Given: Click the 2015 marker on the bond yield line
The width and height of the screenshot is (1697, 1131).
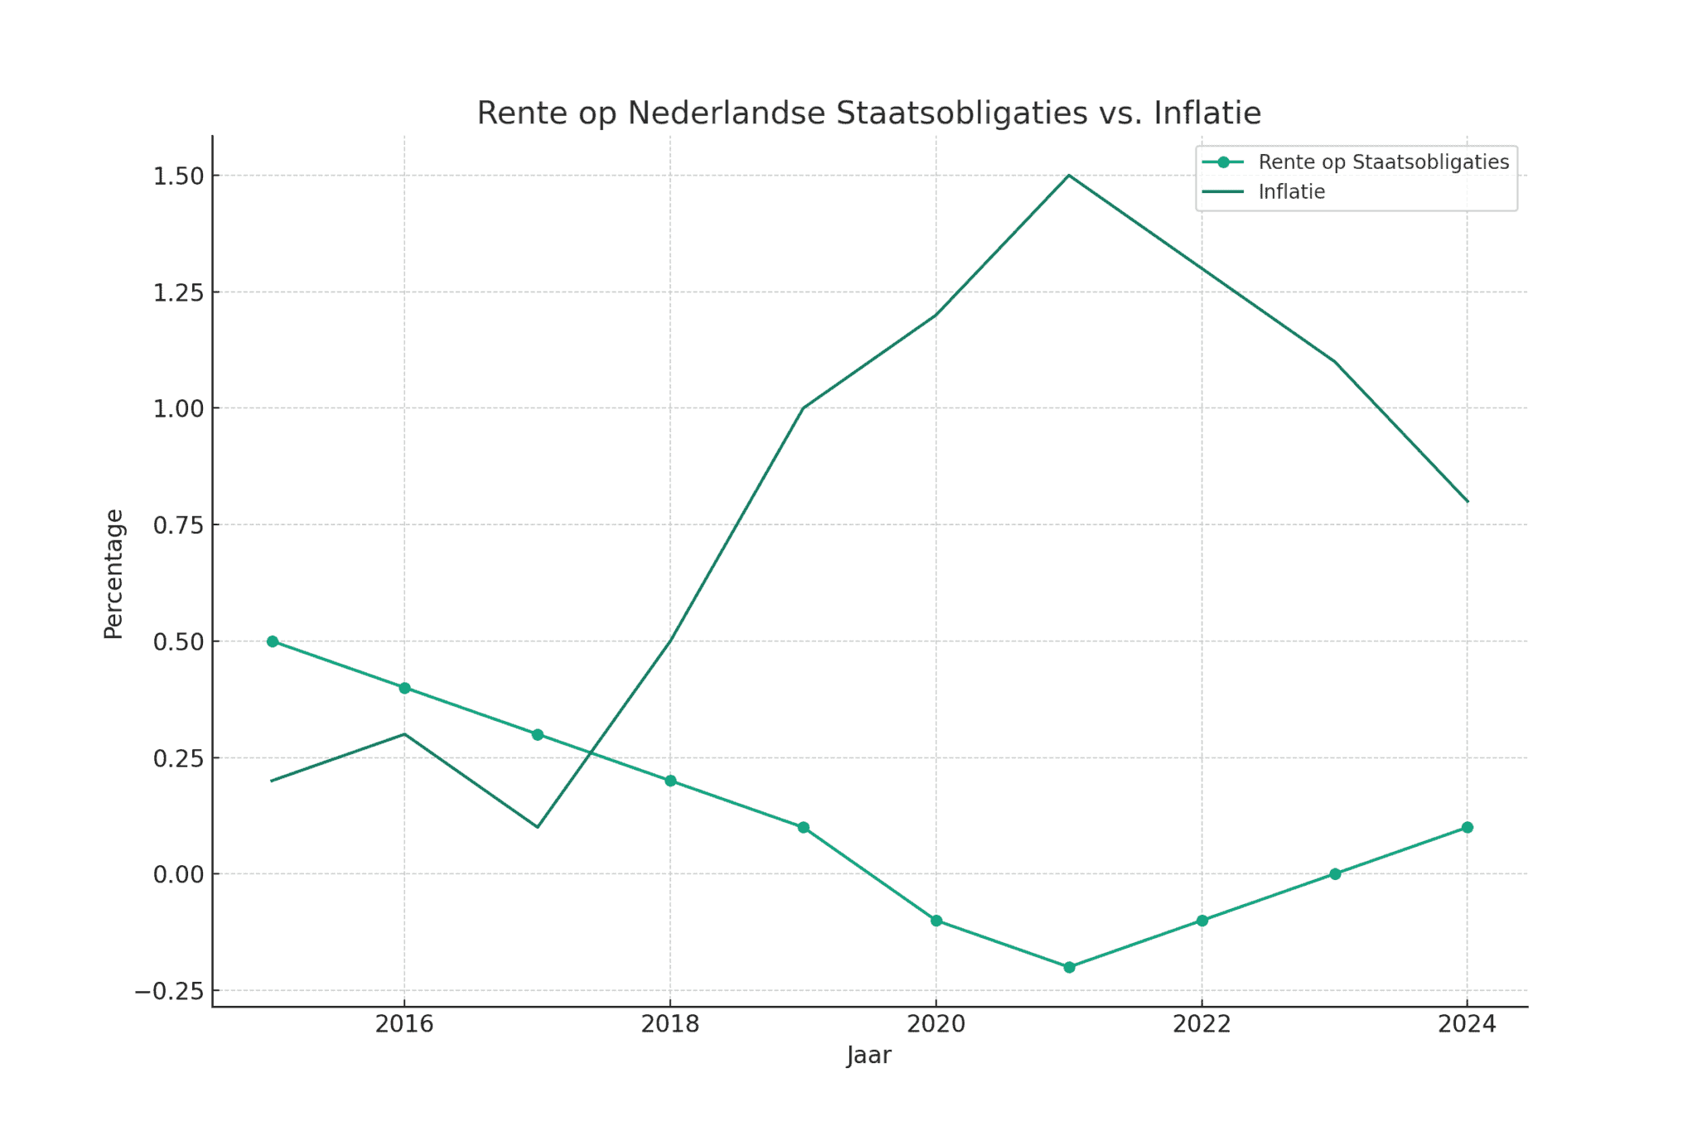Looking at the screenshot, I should pyautogui.click(x=272, y=641).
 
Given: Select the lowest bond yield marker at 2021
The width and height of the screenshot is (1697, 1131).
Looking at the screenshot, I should pyautogui.click(x=1069, y=967).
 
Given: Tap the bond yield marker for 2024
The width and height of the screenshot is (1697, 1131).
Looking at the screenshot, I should pyautogui.click(x=1467, y=827).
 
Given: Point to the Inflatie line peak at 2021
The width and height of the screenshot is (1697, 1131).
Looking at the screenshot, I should pyautogui.click(x=1069, y=176).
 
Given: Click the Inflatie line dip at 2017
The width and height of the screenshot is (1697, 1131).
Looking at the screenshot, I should pyautogui.click(x=538, y=827).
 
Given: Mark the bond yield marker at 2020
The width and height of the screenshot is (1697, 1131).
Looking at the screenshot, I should pyautogui.click(x=936, y=921).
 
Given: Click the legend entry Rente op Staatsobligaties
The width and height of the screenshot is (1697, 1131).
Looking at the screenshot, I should pyautogui.click(x=1383, y=162).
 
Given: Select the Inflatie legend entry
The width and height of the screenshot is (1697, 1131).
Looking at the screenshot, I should pyautogui.click(x=1291, y=192).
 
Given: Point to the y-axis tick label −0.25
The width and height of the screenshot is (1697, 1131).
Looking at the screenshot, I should pyautogui.click(x=169, y=992).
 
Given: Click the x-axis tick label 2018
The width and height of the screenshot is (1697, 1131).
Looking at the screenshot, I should pyautogui.click(x=670, y=1025).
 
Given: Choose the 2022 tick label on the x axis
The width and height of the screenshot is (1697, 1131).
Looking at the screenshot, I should pyautogui.click(x=1201, y=1025).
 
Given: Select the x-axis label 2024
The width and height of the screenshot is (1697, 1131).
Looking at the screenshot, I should pyautogui.click(x=1467, y=1025).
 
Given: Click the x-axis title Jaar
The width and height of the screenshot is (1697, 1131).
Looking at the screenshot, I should pyautogui.click(x=868, y=1056).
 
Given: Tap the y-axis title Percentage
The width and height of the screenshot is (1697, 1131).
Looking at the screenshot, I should pyautogui.click(x=114, y=573).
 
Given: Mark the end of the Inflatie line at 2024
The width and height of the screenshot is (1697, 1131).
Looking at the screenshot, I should pyautogui.click(x=1467, y=501).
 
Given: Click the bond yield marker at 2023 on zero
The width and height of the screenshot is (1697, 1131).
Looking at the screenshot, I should pyautogui.click(x=1335, y=874).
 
